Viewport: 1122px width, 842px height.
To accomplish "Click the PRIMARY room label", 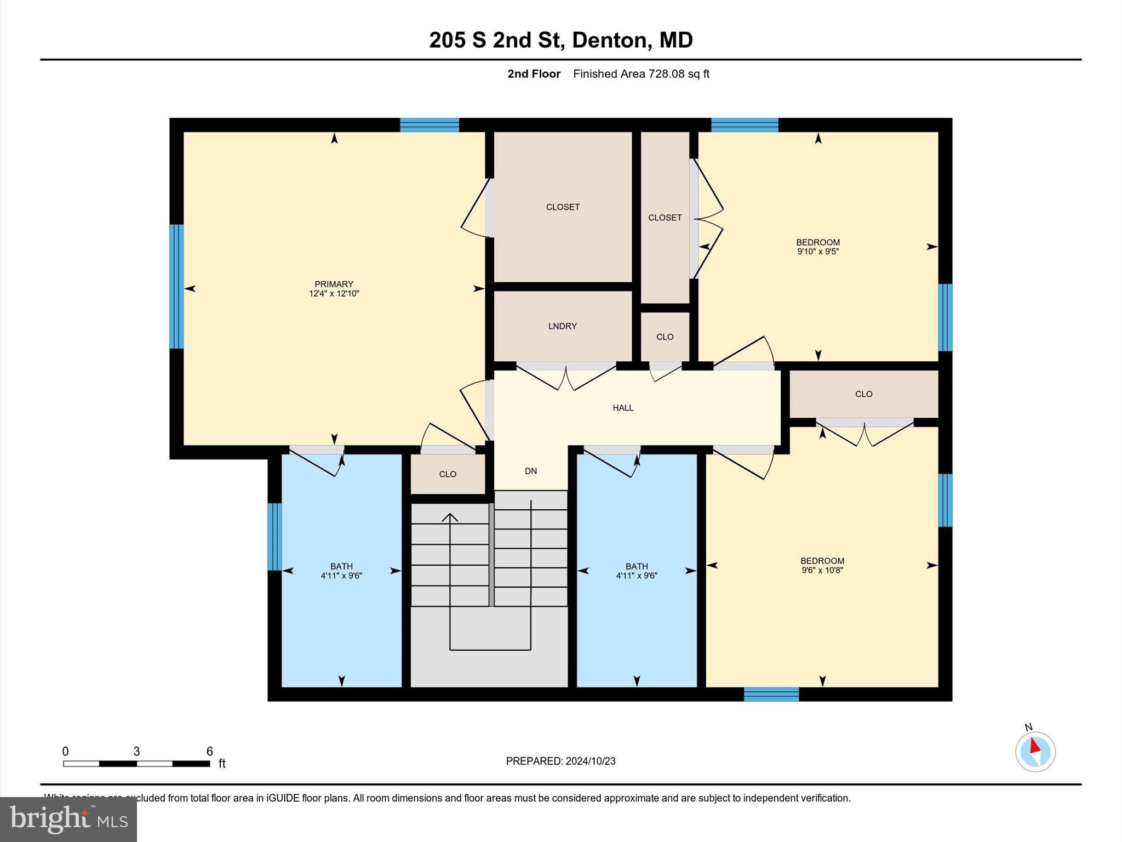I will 334,284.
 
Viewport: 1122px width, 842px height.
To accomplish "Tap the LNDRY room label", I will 562,326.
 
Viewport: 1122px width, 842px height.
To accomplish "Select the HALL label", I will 623,408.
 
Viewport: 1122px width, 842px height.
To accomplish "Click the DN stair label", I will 530,471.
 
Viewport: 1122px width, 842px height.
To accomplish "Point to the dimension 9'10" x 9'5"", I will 818,252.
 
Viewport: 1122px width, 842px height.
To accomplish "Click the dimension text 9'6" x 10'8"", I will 822,570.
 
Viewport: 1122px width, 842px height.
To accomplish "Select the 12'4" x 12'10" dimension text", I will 334,294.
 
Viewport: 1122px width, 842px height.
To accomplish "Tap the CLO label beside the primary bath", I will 447,474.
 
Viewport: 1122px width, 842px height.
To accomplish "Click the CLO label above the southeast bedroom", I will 863,394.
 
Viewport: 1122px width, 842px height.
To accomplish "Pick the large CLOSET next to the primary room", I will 563,207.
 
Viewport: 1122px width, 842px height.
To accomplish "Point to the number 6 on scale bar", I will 209,752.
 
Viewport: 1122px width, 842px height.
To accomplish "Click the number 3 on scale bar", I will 136,752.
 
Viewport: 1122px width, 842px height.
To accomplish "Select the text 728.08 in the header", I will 667,74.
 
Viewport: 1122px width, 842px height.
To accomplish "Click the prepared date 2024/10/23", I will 591,761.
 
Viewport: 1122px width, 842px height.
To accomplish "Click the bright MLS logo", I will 68,819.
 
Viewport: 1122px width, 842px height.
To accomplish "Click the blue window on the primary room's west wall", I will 176,286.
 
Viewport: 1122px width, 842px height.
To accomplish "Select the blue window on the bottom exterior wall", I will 771,694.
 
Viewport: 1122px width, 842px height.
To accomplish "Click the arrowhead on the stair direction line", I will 450,517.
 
